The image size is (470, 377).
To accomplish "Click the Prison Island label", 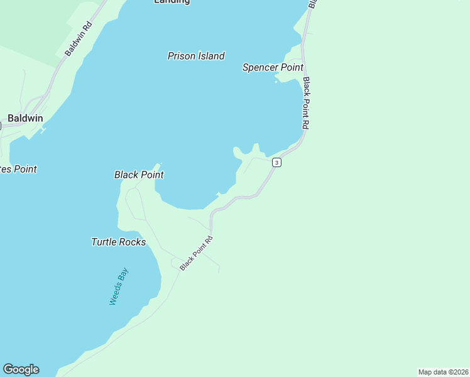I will [196, 56].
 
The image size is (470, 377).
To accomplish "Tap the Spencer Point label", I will [273, 67].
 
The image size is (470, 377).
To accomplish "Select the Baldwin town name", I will [25, 118].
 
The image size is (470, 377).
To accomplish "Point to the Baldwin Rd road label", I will [79, 39].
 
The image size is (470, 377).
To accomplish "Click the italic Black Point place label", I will [139, 175].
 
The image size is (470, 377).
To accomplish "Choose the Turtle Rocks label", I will [118, 242].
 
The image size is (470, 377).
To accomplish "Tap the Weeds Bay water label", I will [118, 287].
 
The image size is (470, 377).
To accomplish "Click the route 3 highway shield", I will [276, 163].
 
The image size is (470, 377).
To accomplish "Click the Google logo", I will [21, 369].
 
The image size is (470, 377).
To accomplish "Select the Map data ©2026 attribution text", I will [443, 372].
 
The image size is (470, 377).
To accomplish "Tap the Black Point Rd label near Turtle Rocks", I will [197, 253].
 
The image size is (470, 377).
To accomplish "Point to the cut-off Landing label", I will [172, 2].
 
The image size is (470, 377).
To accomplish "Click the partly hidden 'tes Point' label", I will [18, 169].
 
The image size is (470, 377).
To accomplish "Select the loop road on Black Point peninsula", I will [134, 201].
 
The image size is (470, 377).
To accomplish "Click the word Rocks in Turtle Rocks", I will [134, 242].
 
